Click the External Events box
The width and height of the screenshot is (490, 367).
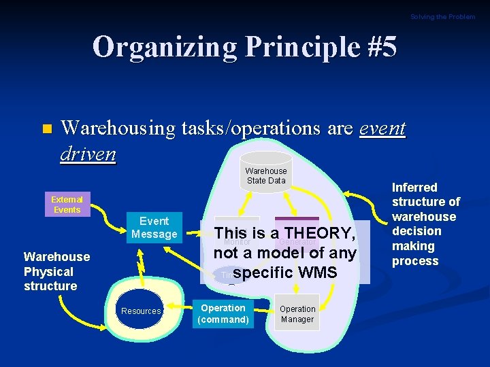point(67,205)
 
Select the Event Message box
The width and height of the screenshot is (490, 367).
point(154,228)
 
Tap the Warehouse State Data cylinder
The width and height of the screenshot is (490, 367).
point(266,175)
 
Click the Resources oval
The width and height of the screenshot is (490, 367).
point(141,311)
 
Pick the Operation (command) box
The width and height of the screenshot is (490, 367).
point(223,314)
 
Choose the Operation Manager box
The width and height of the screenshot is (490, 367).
point(297,314)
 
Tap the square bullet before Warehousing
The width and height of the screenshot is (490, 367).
point(46,129)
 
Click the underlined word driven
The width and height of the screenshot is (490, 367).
point(88,154)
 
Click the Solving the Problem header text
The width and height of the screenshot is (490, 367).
point(442,16)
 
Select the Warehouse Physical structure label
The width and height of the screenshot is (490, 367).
point(56,271)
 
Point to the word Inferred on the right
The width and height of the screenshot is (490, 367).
point(414,187)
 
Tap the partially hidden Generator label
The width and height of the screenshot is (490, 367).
point(295,241)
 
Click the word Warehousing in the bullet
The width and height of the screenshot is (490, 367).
point(120,128)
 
